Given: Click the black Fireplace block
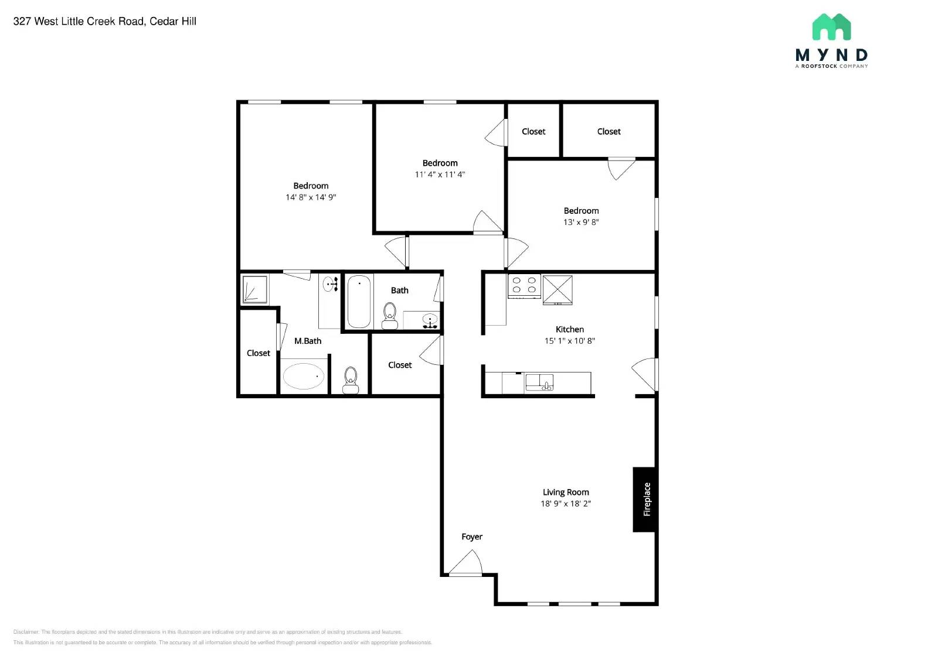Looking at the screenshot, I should (644, 499).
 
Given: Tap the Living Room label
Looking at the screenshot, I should (566, 493).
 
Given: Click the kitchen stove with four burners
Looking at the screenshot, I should (524, 285).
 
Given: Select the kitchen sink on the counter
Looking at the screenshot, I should (539, 383).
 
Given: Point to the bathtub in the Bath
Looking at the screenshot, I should (359, 302).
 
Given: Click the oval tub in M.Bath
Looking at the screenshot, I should (303, 377).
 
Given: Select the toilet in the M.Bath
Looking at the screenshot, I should (351, 380).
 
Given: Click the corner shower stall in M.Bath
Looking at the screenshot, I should (255, 289).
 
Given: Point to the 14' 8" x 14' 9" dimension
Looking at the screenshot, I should (311, 197).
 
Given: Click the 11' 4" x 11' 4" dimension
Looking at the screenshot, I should (440, 175).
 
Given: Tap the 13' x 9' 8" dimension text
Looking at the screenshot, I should (581, 222).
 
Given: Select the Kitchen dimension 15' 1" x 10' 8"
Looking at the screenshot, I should (569, 341).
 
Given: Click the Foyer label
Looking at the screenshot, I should (472, 536).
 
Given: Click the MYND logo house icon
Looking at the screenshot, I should (831, 28).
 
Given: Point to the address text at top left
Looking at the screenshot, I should (105, 22).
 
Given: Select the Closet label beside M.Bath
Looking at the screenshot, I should (259, 353).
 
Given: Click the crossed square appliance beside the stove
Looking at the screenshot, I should (558, 289).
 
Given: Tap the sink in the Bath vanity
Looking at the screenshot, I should (430, 320).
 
